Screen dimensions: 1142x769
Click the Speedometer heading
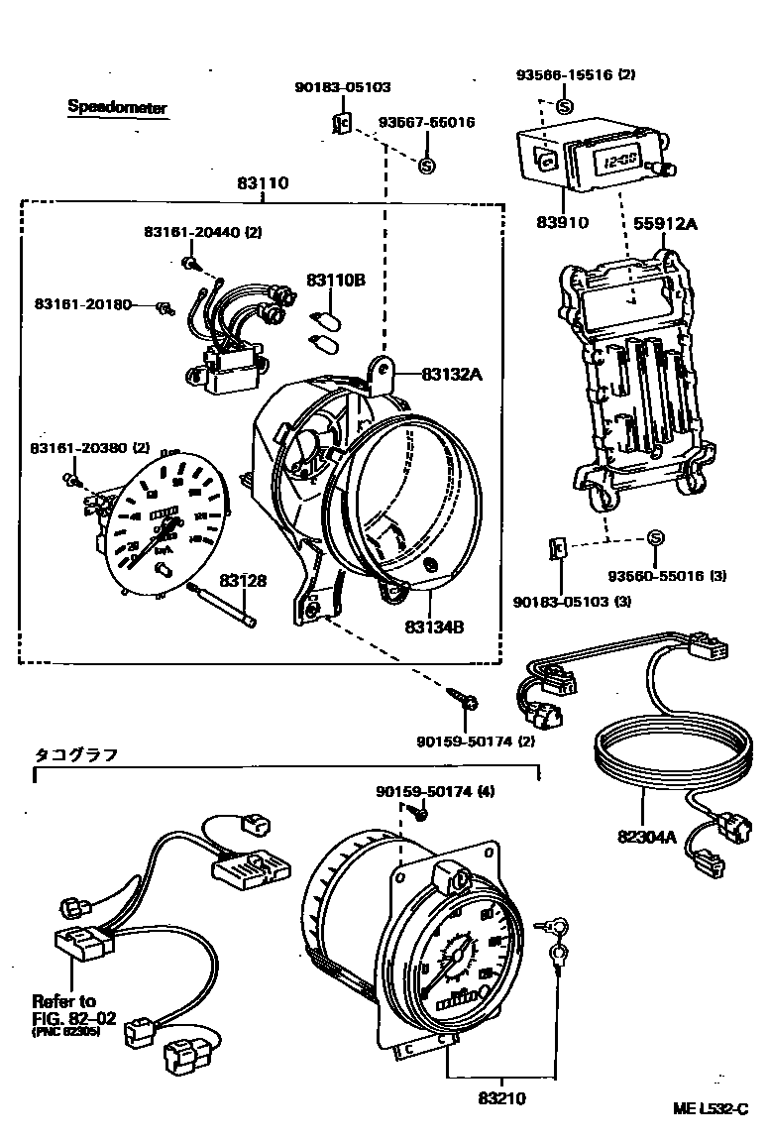coord(117,107)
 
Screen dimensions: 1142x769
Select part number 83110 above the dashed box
coord(263,183)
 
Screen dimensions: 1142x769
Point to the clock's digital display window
coord(615,161)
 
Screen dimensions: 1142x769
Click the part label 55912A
coord(665,224)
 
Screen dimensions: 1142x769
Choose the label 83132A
coord(451,374)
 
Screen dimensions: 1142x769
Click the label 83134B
coord(434,627)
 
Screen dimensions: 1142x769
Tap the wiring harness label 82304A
coord(646,837)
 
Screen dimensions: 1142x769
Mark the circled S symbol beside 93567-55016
coord(427,166)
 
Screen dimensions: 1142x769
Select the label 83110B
coord(335,281)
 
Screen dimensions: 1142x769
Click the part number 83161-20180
coord(82,303)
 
